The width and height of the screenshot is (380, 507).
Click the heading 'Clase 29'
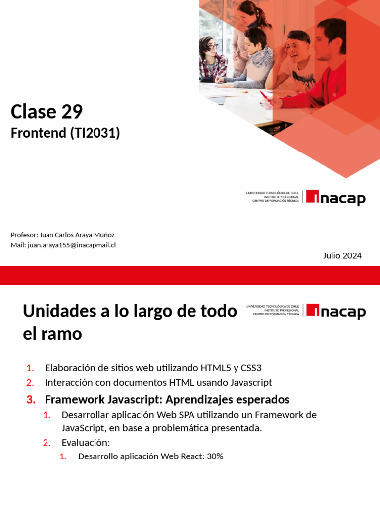coord(47,112)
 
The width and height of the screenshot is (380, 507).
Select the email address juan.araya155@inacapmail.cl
coord(72,245)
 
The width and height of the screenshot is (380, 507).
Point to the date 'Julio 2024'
coord(342,255)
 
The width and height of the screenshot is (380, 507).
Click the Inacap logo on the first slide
coord(335,198)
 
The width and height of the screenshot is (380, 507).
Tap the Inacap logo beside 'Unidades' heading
coord(335,311)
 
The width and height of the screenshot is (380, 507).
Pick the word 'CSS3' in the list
coord(251,368)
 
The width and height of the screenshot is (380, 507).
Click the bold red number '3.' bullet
coord(31,399)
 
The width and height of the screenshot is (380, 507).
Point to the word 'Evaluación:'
coord(86,442)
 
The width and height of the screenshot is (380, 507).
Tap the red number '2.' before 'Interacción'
coord(30,383)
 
